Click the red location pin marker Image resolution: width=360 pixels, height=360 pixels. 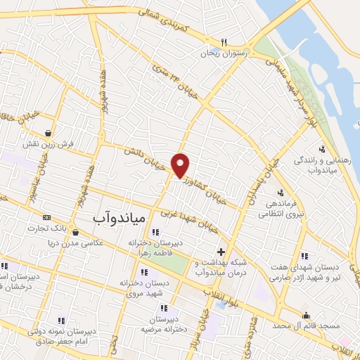181,165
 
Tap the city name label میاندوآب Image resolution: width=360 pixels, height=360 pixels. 119,219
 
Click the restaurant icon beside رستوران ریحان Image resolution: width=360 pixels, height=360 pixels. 224,42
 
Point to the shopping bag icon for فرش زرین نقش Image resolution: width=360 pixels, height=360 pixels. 47,132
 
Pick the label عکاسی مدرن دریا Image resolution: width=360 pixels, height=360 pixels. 70,243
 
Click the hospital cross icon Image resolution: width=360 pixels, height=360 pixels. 221,251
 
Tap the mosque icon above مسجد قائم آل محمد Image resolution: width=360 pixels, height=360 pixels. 306,316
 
